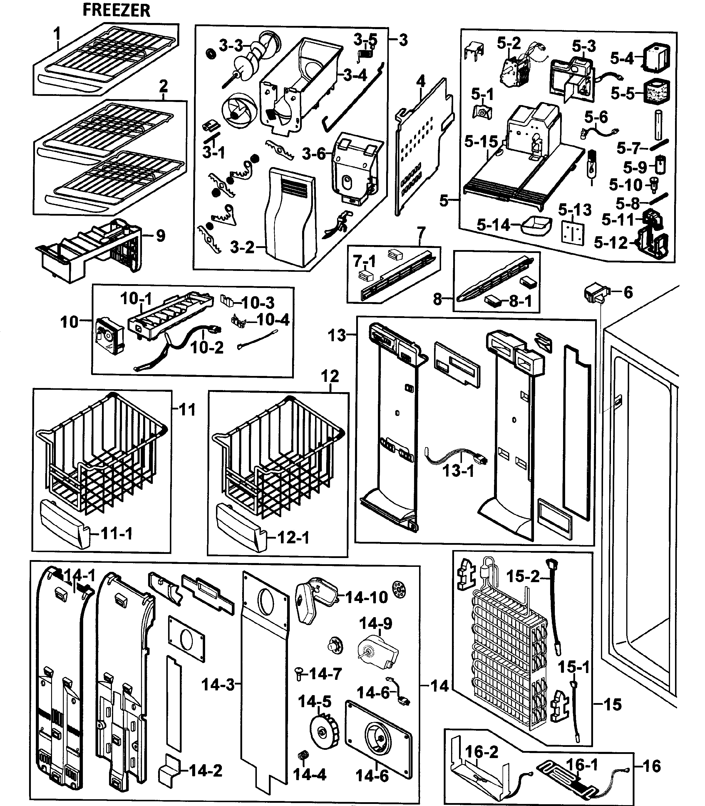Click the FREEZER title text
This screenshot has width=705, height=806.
(x=116, y=11)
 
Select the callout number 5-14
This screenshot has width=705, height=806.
(x=493, y=225)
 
